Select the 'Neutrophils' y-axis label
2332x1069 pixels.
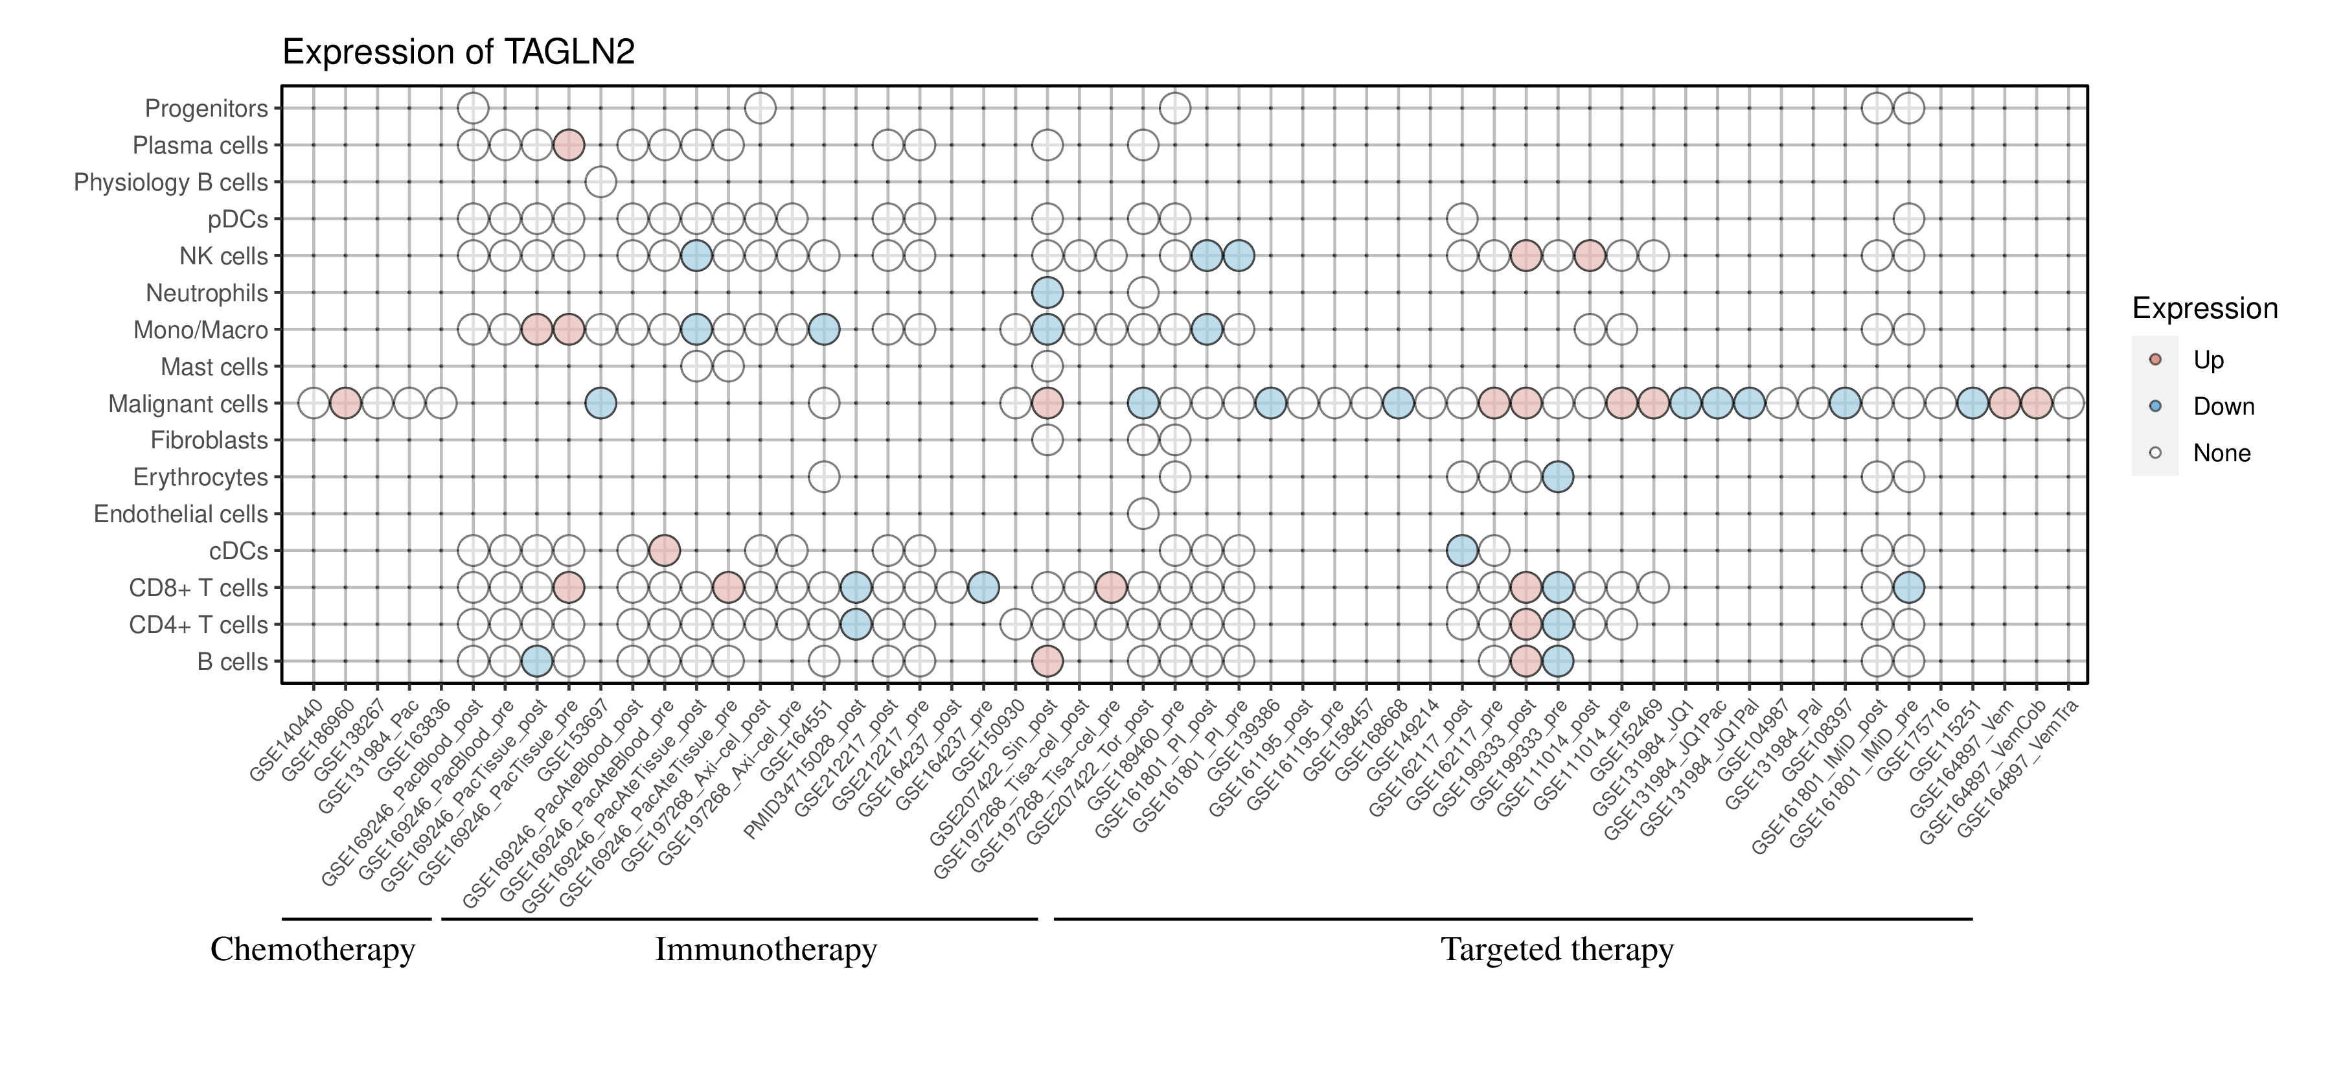[207, 293]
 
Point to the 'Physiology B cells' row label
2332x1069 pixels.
[170, 183]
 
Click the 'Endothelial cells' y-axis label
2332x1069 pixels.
[181, 514]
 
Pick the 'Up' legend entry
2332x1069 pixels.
[2208, 360]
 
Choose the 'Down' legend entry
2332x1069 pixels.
[2223, 406]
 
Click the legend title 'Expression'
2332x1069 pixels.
[2204, 308]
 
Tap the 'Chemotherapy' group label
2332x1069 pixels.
[312, 950]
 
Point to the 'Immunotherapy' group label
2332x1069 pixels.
[765, 950]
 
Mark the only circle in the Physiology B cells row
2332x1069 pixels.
[600, 182]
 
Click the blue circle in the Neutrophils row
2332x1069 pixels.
[1047, 292]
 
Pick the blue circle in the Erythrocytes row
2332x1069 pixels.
[1557, 476]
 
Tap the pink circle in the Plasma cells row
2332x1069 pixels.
[569, 145]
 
